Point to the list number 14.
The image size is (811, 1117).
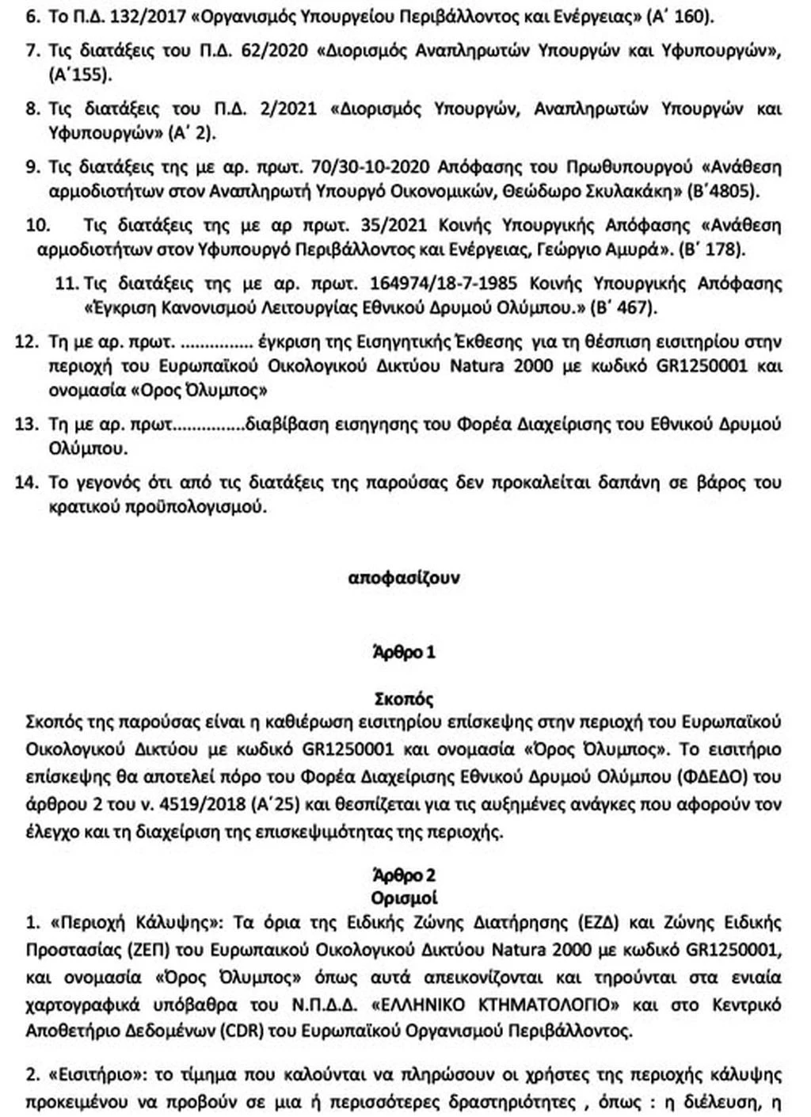[28, 483]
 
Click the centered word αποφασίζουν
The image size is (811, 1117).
[404, 578]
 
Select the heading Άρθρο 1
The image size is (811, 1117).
[404, 654]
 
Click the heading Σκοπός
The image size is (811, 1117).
[404, 700]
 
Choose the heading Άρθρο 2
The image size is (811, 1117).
[404, 876]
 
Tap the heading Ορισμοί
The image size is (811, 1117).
[404, 898]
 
